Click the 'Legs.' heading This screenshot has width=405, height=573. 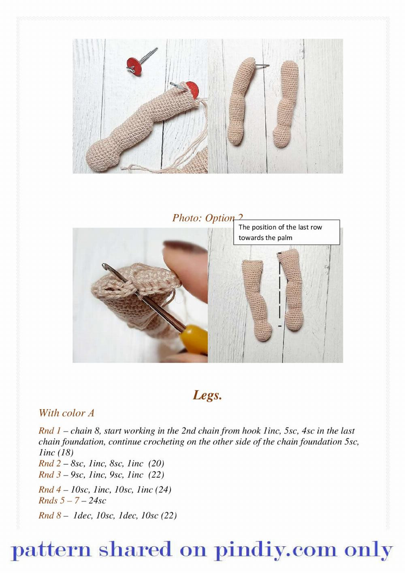point(207,395)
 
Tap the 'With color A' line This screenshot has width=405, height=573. point(66,413)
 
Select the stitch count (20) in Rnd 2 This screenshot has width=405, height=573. point(156,464)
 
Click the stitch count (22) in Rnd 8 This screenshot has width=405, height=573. point(169,515)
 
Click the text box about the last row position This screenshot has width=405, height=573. point(286,232)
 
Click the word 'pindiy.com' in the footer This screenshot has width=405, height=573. point(275,550)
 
